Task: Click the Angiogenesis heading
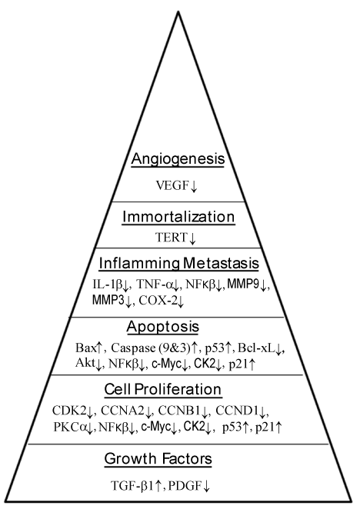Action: (178, 159)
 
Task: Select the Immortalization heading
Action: (178, 217)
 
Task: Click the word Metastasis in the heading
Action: (221, 264)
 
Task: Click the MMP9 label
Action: (243, 284)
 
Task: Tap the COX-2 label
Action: (158, 301)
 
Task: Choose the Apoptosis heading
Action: (162, 327)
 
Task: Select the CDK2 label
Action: (69, 411)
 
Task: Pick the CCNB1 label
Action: (179, 411)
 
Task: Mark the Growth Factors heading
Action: (158, 459)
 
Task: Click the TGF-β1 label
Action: (132, 486)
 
